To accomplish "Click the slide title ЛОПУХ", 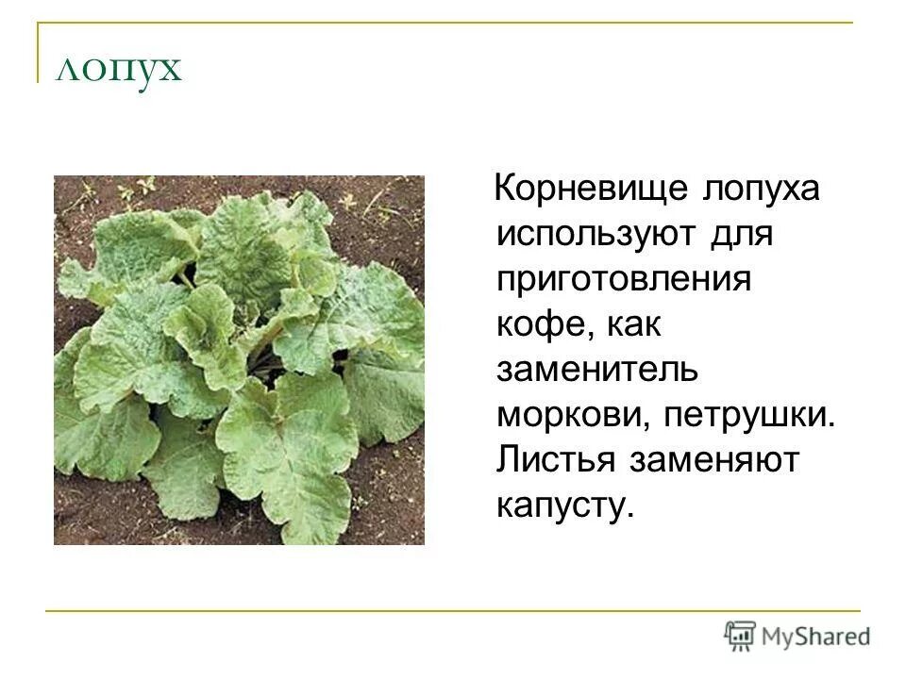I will pyautogui.click(x=118, y=71).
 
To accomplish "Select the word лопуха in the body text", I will pyautogui.click(x=761, y=189).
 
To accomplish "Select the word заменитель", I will pyautogui.click(x=597, y=371).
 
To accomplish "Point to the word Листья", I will pyautogui.click(x=556, y=461).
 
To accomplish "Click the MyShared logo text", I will pyautogui.click(x=817, y=636).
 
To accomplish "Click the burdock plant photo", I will pyautogui.click(x=239, y=360).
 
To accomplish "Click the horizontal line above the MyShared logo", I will pyautogui.click(x=453, y=611).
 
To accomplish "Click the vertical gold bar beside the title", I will pyautogui.click(x=39, y=53).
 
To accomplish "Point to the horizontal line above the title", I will pyautogui.click(x=444, y=24).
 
